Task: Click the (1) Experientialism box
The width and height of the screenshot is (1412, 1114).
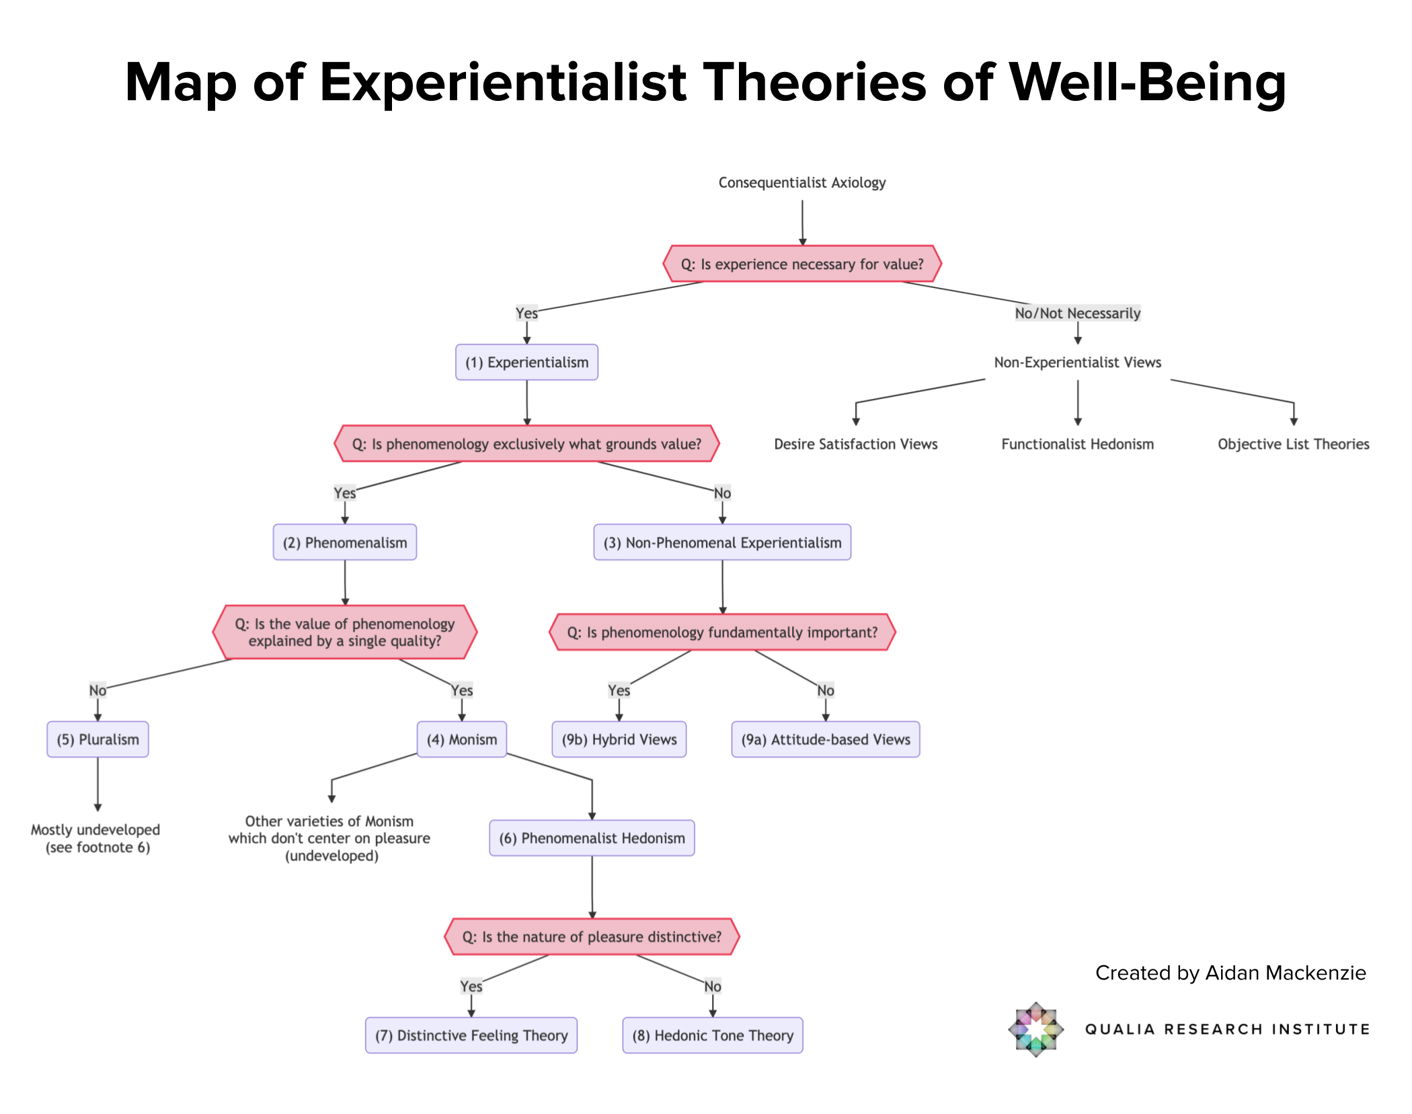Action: pyautogui.click(x=526, y=362)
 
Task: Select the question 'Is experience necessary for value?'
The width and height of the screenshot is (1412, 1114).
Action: pyautogui.click(x=802, y=264)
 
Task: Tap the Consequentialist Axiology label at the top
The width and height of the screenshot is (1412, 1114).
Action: pyautogui.click(x=802, y=182)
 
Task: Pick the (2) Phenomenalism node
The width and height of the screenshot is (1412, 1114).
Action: pyautogui.click(x=345, y=542)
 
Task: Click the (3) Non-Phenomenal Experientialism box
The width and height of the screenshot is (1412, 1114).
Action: pyautogui.click(x=722, y=542)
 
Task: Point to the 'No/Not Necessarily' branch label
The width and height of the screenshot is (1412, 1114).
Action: pyautogui.click(x=1078, y=313)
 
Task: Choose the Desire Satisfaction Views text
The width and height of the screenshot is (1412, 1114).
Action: pyautogui.click(x=856, y=444)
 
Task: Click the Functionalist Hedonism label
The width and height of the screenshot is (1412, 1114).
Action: pyautogui.click(x=1078, y=444)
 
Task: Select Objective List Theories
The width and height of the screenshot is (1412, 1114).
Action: pyautogui.click(x=1294, y=444)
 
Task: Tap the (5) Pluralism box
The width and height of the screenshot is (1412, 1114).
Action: pyautogui.click(x=97, y=739)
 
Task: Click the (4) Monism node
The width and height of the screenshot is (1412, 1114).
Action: pyautogui.click(x=462, y=739)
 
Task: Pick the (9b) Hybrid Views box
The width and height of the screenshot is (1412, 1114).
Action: pyautogui.click(x=619, y=739)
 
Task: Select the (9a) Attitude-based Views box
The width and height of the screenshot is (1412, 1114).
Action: pyautogui.click(x=826, y=739)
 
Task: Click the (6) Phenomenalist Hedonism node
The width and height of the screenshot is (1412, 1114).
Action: pyautogui.click(x=592, y=838)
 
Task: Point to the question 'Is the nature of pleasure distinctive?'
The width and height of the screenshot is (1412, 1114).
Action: pyautogui.click(x=592, y=936)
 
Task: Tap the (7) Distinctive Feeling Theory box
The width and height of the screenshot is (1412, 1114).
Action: pyautogui.click(x=471, y=1035)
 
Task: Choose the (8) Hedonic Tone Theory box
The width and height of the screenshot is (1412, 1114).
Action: pyautogui.click(x=713, y=1035)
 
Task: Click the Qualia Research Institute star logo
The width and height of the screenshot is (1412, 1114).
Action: pyautogui.click(x=1036, y=1029)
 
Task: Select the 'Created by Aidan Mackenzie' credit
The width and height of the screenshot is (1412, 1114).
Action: pyautogui.click(x=1230, y=973)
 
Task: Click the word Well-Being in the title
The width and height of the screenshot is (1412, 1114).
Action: pyautogui.click(x=1148, y=83)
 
